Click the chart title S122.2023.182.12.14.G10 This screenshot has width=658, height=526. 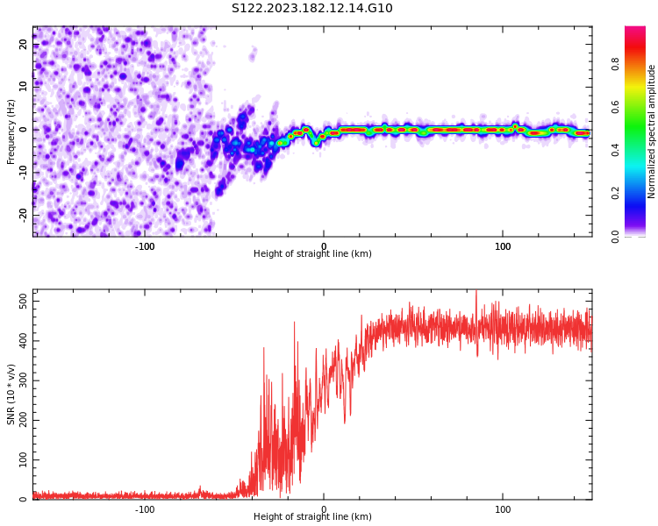click(x=311, y=9)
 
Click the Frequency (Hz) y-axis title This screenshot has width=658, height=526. click(x=11, y=131)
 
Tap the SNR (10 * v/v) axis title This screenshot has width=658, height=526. click(x=11, y=394)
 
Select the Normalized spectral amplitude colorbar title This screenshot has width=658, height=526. click(x=652, y=131)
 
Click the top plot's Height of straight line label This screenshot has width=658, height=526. click(x=312, y=254)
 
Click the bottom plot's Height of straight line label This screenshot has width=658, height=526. click(x=312, y=517)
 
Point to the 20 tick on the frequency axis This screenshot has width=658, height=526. click(x=24, y=44)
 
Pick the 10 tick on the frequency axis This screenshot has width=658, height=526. click(x=24, y=86)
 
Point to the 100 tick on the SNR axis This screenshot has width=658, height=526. click(x=18, y=459)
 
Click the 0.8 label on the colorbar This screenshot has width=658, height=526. click(x=616, y=64)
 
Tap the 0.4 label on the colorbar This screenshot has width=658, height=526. click(x=616, y=150)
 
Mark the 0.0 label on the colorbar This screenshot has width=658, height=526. click(x=616, y=236)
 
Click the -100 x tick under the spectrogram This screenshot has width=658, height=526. click(x=145, y=246)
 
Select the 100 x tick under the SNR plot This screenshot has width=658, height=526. click(x=503, y=509)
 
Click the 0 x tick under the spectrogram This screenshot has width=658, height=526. click(x=324, y=246)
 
